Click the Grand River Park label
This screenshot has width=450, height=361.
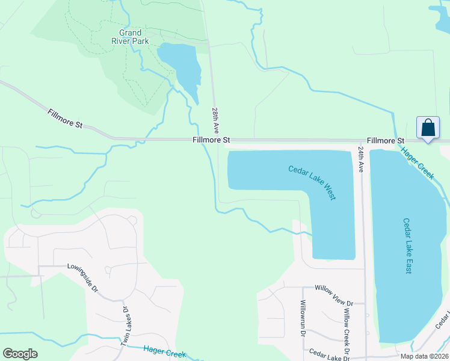coord(130,37)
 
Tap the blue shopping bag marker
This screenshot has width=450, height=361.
coord(428,128)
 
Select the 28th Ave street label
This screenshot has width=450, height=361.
coord(215,121)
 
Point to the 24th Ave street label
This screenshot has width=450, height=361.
coord(361,158)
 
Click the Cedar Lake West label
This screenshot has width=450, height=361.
coord(312,183)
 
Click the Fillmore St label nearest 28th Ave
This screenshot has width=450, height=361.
coord(211,140)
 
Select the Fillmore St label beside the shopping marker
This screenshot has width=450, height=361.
coord(385,140)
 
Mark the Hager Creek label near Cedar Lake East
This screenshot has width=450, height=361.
coord(418,163)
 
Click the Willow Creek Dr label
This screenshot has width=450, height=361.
coord(347,330)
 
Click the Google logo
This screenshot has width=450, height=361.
coord(20,353)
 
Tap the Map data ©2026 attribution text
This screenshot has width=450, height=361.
coord(424,356)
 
